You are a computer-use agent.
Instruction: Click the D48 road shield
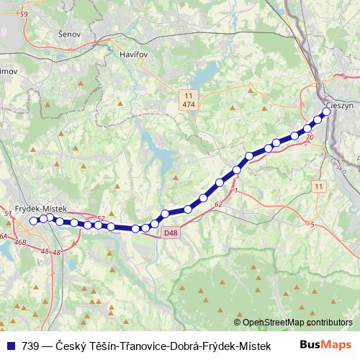click(x=170, y=233)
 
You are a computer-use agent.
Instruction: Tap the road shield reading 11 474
click(x=189, y=100)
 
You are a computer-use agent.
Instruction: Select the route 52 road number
click(x=101, y=218)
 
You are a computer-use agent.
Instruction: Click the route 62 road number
click(x=218, y=204)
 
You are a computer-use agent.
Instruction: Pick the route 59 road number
click(x=24, y=14)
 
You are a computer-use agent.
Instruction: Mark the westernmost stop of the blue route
click(x=33, y=221)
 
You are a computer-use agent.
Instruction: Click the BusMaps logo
click(x=325, y=346)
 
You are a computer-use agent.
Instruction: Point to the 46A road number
click(x=4, y=235)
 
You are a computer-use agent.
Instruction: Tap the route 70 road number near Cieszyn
click(x=310, y=137)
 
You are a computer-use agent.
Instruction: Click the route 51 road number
click(x=8, y=214)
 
